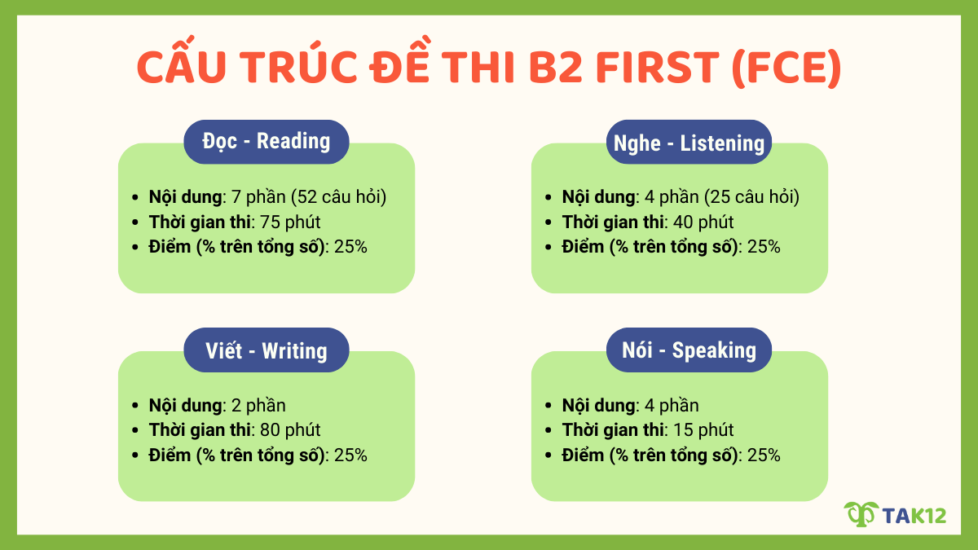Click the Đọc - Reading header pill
(x=267, y=142)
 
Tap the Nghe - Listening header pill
(x=689, y=143)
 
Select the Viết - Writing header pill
(x=267, y=350)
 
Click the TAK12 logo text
(x=916, y=515)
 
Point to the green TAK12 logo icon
(x=860, y=514)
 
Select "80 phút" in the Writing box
(x=291, y=429)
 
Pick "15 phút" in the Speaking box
(x=702, y=429)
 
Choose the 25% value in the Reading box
(x=350, y=246)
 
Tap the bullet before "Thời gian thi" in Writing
(x=135, y=430)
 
